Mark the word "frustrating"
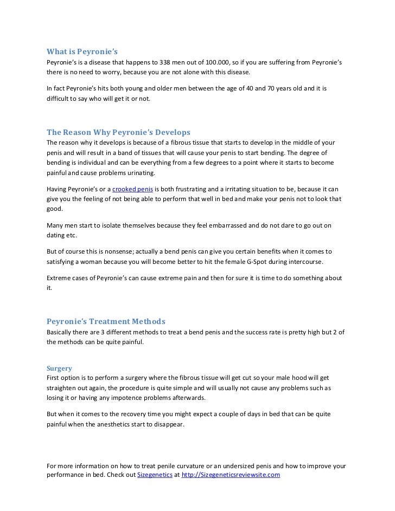point(189,189)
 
